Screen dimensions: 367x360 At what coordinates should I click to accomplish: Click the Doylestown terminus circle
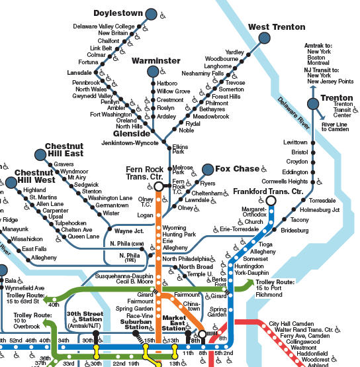[x=152, y=15]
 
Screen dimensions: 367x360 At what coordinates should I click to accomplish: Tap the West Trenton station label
[x=277, y=27]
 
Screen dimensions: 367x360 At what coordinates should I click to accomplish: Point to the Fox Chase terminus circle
[x=208, y=169]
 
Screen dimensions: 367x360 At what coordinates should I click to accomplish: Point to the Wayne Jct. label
[x=129, y=231]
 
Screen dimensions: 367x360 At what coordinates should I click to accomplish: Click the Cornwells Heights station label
[x=285, y=181]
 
